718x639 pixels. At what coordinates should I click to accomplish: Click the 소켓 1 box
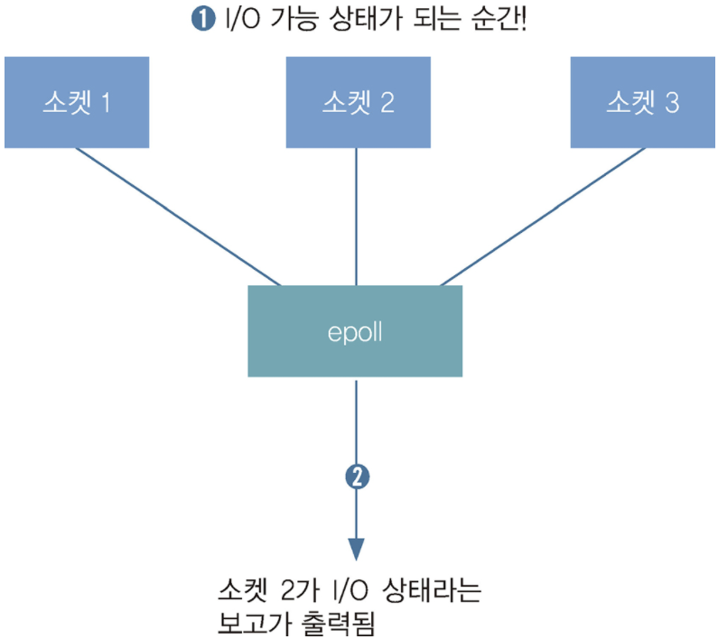click(77, 102)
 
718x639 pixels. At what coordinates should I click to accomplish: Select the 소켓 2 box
click(359, 102)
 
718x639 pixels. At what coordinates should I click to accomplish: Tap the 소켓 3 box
click(643, 102)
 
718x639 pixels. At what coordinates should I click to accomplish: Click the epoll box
click(355, 331)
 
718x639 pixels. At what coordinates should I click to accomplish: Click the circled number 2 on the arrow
click(357, 476)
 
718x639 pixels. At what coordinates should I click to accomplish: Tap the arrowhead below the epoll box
click(357, 549)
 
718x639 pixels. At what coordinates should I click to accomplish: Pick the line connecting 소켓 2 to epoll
click(357, 217)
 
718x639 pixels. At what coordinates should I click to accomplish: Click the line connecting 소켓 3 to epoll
click(542, 217)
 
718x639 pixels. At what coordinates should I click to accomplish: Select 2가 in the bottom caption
click(305, 594)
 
